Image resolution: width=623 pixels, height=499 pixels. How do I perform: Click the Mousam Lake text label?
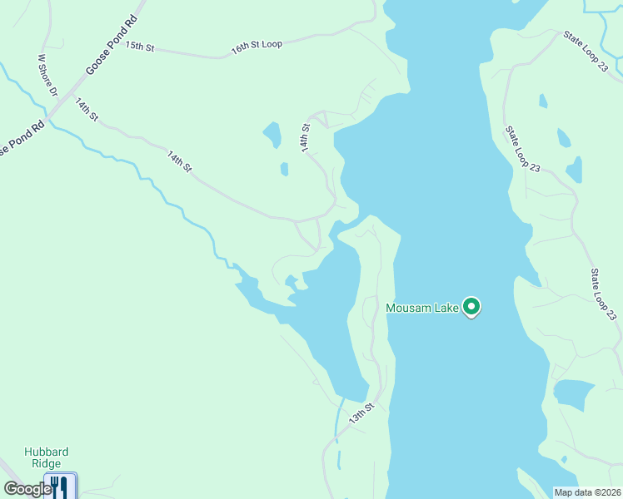422,309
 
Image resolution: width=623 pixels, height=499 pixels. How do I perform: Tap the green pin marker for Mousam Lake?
471,308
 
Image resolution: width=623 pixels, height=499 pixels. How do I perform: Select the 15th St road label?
140,47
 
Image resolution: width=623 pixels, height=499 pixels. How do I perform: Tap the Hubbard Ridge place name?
46,458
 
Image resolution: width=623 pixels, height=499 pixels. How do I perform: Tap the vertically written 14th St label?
306,136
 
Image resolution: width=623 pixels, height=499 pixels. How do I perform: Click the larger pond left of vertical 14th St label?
272,134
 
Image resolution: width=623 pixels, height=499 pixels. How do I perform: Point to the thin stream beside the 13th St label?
339,420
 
